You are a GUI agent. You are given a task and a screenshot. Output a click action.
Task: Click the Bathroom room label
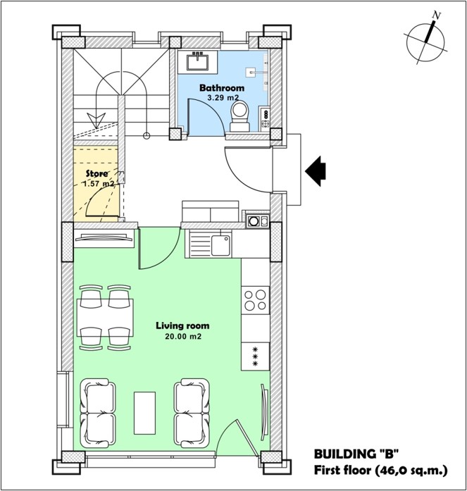tap(222, 88)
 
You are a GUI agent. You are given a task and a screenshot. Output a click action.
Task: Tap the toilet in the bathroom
tap(239, 116)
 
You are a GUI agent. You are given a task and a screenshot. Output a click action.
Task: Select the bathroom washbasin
tap(198, 62)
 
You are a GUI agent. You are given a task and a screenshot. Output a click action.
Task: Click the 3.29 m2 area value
tap(223, 98)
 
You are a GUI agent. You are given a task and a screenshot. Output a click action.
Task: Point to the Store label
tap(97, 173)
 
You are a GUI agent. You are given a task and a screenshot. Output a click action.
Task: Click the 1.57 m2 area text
tap(99, 183)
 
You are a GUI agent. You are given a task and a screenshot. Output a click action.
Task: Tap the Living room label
tap(182, 325)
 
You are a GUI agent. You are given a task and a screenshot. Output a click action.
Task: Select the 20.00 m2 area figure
tap(183, 337)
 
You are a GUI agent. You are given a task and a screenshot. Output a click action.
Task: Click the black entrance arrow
tap(316, 171)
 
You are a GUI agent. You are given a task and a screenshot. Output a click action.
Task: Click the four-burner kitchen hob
tap(256, 299)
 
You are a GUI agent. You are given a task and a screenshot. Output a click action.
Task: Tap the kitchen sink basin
tap(220, 245)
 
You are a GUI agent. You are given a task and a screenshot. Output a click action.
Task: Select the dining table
tap(105, 318)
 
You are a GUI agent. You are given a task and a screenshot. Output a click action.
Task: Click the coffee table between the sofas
tap(144, 413)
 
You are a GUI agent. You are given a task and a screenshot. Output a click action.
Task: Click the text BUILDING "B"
tap(356, 454)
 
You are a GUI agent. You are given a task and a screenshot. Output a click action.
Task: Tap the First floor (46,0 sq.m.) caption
tap(380, 470)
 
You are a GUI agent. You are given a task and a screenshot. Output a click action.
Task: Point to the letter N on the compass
tap(436, 15)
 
